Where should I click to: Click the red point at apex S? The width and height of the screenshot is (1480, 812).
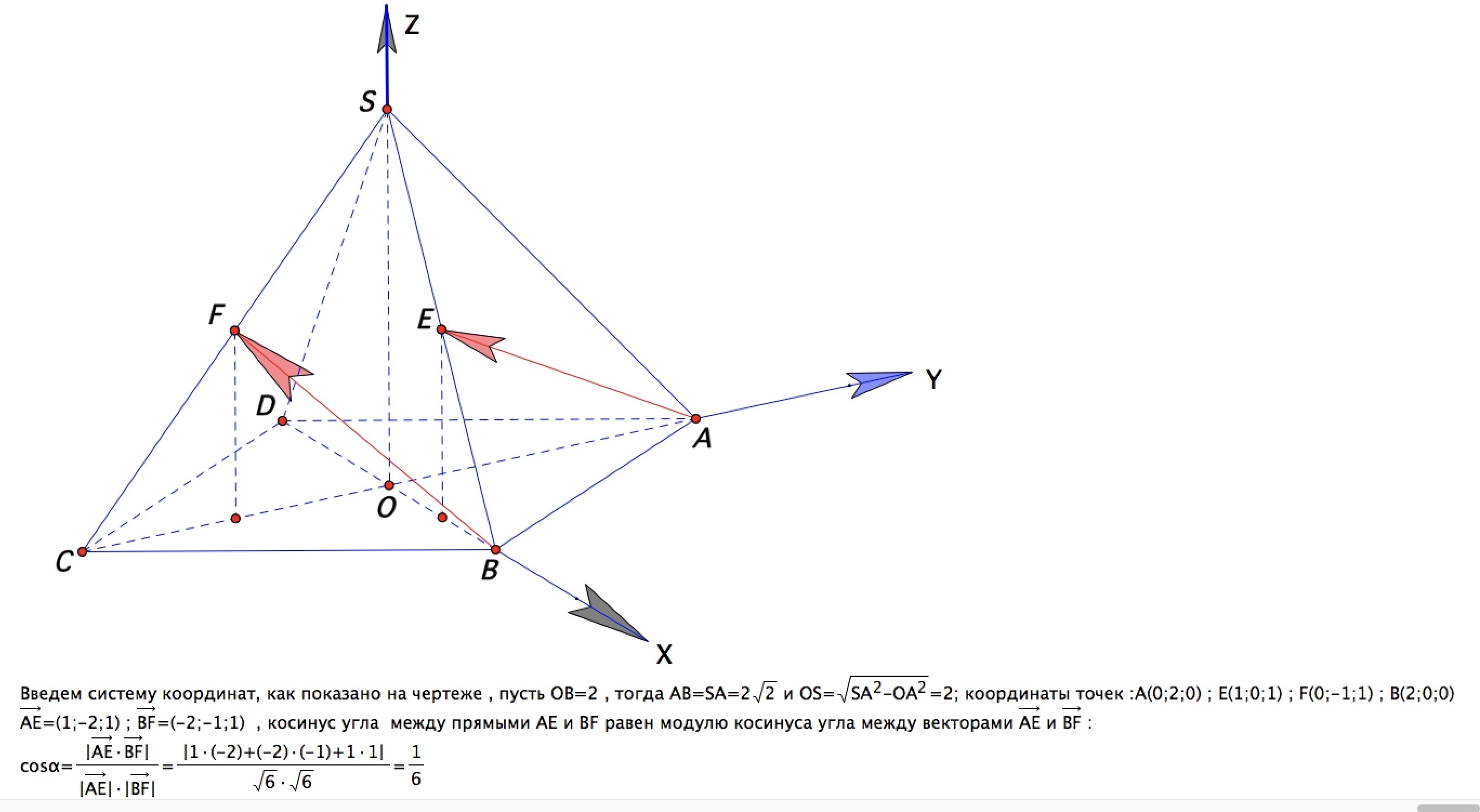pyautogui.click(x=387, y=109)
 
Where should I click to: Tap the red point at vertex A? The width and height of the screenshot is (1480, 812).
pyautogui.click(x=696, y=418)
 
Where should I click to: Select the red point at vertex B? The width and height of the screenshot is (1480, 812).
pyautogui.click(x=496, y=550)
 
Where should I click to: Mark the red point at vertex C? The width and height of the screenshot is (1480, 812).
pyautogui.click(x=82, y=551)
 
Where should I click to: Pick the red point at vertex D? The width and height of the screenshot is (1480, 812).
pyautogui.click(x=282, y=421)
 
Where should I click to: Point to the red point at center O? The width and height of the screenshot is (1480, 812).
pyautogui.click(x=389, y=485)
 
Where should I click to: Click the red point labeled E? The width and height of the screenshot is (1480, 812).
pyautogui.click(x=441, y=329)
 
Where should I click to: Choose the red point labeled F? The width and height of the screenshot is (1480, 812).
pyautogui.click(x=234, y=330)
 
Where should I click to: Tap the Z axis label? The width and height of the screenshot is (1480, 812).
pyautogui.click(x=412, y=25)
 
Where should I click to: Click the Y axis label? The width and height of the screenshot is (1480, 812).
pyautogui.click(x=933, y=380)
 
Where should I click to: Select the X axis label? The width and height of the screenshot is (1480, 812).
pyautogui.click(x=664, y=654)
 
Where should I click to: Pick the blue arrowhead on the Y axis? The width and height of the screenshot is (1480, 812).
pyautogui.click(x=879, y=384)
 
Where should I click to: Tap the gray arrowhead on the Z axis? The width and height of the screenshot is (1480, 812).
pyautogui.click(x=387, y=29)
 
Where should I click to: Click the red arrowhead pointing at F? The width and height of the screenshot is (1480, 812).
pyautogui.click(x=273, y=362)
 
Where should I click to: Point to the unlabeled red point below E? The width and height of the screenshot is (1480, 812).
pyautogui.click(x=442, y=517)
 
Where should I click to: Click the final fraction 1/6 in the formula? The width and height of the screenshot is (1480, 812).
pyautogui.click(x=416, y=765)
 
